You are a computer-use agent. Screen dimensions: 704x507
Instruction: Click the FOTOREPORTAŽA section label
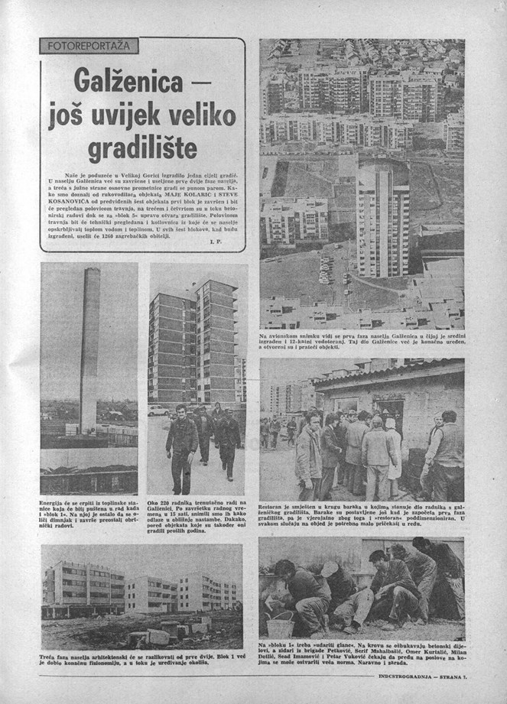pyautogui.click(x=88, y=47)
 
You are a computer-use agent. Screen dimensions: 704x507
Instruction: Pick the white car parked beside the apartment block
pyautogui.click(x=159, y=410)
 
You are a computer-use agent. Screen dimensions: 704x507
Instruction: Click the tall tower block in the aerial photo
pyautogui.click(x=382, y=218)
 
